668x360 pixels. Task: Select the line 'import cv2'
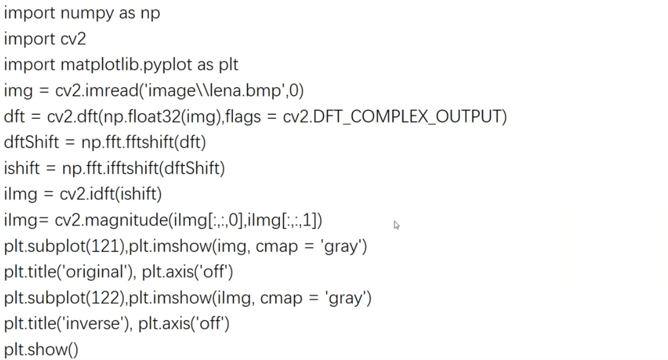pos(45,39)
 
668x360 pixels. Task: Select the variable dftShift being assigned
pos(31,142)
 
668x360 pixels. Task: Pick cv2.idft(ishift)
pos(111,194)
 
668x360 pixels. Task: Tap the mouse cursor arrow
pos(396,225)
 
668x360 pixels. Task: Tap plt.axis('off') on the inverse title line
pos(184,324)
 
